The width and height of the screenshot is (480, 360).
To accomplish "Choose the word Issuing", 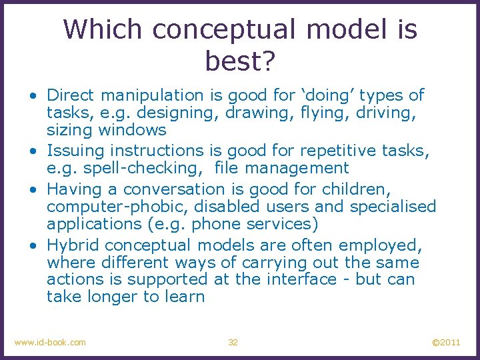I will coord(74,151).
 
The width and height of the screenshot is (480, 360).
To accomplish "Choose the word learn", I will coord(183,297).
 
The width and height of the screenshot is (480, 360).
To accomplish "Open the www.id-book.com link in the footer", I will coord(50,342).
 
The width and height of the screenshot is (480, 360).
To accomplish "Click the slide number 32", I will coord(233,342).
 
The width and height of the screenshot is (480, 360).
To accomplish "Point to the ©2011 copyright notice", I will coord(445,342).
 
